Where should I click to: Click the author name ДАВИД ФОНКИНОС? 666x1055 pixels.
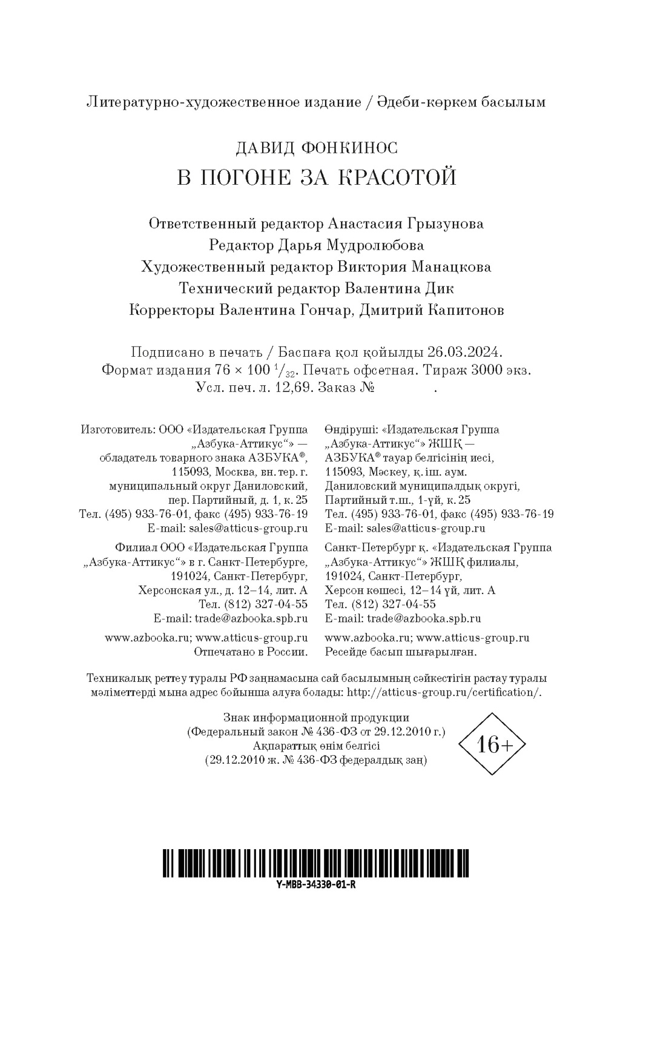pos(315,147)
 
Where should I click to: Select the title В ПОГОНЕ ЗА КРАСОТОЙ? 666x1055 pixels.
pos(315,177)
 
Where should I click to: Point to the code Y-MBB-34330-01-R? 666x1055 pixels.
pos(315,884)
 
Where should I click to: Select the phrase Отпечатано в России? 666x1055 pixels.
pos(251,652)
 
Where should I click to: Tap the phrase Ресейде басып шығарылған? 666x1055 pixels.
pos(401,652)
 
